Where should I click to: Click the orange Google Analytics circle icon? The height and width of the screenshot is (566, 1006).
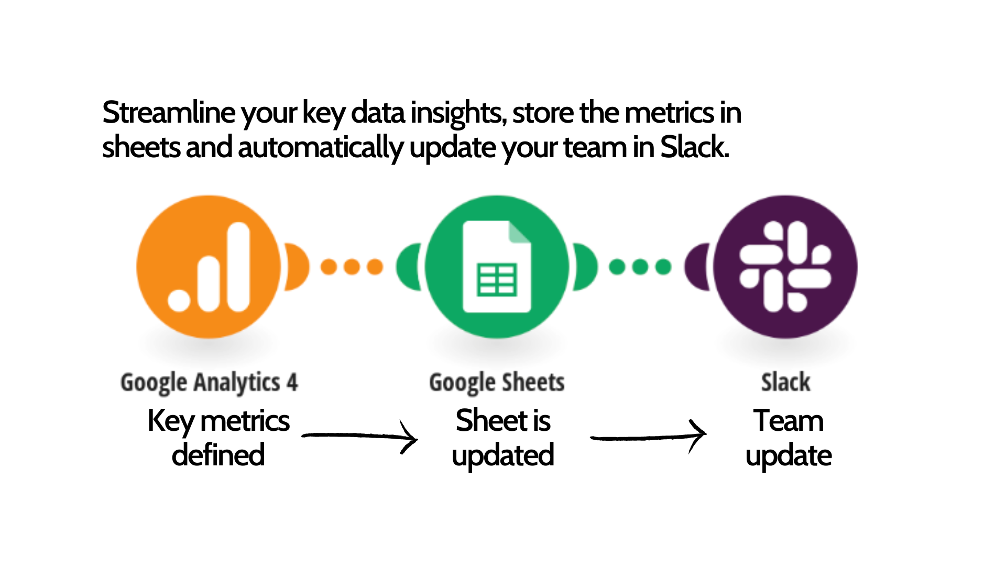209,267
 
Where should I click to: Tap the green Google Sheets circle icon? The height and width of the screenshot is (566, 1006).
496,267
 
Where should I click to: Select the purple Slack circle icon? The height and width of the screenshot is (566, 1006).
785,267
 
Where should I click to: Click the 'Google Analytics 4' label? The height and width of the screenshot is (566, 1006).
209,383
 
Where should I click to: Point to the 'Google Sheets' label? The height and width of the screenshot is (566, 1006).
497,383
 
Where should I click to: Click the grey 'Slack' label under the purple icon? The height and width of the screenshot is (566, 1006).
785,382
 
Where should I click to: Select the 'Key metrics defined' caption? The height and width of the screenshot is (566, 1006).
218,438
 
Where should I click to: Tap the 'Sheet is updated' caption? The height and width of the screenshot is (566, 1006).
503,438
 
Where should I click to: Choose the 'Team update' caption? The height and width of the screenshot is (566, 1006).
789,438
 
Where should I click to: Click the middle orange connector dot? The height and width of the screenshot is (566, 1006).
352,267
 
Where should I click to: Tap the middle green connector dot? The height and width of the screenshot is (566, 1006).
640,267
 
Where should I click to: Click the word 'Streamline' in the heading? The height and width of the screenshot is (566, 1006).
169,113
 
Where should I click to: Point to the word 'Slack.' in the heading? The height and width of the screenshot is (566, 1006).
694,147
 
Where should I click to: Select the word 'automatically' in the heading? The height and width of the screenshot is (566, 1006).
321,148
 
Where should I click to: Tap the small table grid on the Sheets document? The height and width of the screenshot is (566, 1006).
497,279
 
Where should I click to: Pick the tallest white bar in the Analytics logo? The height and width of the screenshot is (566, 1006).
239,267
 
